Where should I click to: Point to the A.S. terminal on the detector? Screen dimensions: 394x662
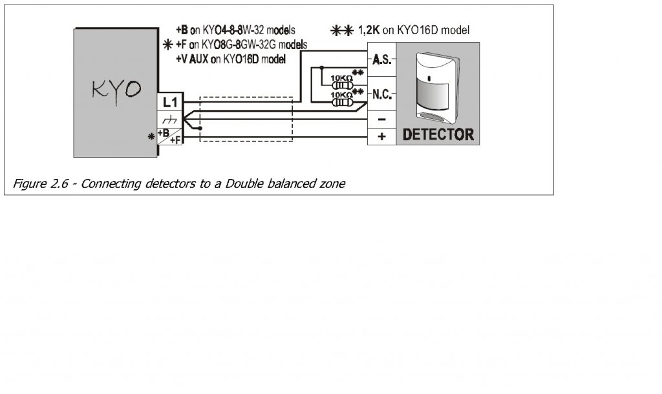pos(381,60)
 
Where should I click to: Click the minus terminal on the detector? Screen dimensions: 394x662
pos(381,119)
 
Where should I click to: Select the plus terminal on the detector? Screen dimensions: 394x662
pos(381,136)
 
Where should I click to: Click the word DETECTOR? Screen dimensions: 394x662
pos(438,135)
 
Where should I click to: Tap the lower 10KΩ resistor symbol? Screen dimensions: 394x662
pos(341,101)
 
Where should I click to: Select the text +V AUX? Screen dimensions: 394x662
pos(194,58)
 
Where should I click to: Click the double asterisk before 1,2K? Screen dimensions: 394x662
pos(341,30)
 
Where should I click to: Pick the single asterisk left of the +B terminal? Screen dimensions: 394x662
pos(151,137)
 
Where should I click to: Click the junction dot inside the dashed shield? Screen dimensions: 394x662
pos(201,129)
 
